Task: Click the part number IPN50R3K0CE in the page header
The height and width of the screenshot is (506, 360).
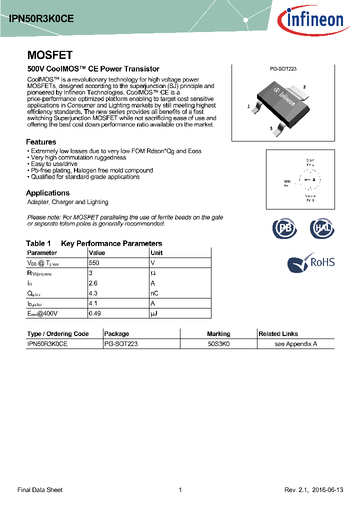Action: [x=41, y=18]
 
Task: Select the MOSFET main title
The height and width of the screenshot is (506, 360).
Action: [x=49, y=55]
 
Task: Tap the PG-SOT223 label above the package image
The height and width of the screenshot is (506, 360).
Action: [x=283, y=69]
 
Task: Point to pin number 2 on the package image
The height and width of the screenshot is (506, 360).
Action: [x=304, y=87]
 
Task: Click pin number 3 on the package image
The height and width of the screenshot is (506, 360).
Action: [x=270, y=128]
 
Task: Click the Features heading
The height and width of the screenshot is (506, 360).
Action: [x=41, y=142]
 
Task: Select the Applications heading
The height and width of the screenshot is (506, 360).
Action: [x=47, y=193]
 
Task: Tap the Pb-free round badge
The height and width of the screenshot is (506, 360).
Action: [x=284, y=228]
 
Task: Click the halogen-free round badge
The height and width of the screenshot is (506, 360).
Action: [x=322, y=228]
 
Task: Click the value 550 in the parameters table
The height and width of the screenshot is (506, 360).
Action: [x=94, y=262]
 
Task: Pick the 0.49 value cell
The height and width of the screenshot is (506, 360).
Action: [x=94, y=313]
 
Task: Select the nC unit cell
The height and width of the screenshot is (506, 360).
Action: [x=155, y=293]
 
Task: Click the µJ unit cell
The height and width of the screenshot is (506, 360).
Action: [x=154, y=313]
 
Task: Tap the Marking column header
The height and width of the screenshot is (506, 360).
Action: [x=218, y=334]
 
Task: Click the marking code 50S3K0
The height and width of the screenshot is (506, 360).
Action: [x=218, y=344]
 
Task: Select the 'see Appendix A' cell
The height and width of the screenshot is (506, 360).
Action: [x=295, y=344]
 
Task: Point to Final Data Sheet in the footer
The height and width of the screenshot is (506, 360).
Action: [x=40, y=490]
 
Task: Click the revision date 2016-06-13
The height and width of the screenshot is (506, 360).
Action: [x=326, y=490]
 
